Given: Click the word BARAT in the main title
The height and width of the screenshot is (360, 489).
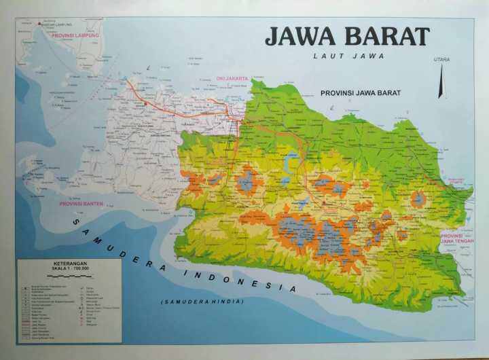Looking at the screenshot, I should tap(387, 37).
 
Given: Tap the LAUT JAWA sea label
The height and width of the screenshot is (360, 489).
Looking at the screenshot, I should tap(348, 56).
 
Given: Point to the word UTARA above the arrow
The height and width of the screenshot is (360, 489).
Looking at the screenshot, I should tap(441, 60).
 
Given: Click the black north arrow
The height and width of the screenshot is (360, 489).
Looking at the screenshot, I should tap(441, 81).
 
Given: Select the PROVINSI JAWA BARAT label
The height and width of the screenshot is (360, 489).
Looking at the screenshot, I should tap(360, 92).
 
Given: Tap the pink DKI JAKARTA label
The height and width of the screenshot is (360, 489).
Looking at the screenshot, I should tap(232, 78).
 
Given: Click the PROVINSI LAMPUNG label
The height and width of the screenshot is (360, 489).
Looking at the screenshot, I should tap(76, 35).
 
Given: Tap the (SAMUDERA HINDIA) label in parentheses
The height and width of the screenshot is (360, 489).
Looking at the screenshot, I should tap(202, 301).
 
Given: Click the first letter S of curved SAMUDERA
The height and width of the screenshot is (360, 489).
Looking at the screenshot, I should tap(77, 222).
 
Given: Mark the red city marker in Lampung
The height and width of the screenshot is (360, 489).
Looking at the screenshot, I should tap(41, 25).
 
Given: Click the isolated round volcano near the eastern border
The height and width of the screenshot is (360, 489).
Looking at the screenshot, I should tap(418, 199).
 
